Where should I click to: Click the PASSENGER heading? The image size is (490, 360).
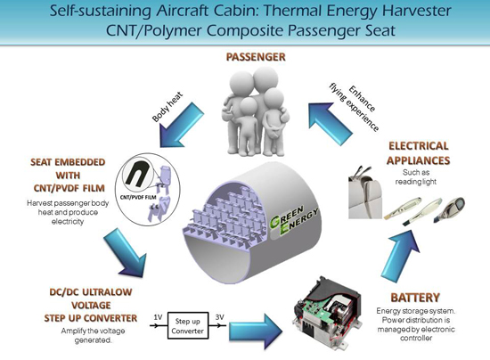point(256,57)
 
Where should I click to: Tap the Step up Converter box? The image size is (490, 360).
point(188,325)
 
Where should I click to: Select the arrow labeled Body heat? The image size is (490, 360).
point(181,125)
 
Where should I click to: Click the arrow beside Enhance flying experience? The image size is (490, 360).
point(330,124)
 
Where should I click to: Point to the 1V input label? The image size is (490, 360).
point(158,317)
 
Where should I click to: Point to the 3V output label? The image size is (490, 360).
point(220,317)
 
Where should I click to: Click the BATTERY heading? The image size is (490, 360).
point(415,298)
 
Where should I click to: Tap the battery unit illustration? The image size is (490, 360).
point(327,313)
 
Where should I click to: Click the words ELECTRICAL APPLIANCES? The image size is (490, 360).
point(418,153)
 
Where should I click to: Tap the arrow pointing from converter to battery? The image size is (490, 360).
point(256,331)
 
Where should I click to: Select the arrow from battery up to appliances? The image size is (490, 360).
point(401,255)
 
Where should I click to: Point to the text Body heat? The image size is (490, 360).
point(167,107)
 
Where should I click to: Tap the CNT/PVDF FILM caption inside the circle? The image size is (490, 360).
point(138,197)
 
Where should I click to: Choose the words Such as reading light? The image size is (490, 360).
point(416,176)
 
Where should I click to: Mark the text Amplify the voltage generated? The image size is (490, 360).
point(94,335)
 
